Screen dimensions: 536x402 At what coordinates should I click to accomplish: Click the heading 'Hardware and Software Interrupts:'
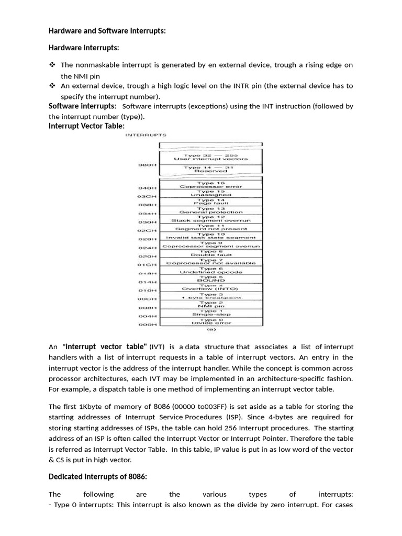coord(107,31)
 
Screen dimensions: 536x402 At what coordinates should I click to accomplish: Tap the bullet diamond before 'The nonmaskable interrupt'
coord(52,65)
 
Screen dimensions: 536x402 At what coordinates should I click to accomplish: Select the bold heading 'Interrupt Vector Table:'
coord(86,126)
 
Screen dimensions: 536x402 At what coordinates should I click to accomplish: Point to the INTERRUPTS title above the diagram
coord(142,136)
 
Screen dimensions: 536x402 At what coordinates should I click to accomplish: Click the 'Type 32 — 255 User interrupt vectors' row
coord(211,156)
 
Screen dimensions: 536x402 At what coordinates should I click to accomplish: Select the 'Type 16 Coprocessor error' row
coord(211,185)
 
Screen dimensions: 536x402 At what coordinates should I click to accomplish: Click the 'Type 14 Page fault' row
coord(211,202)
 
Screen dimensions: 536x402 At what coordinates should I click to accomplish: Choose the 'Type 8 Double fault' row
coord(211,253)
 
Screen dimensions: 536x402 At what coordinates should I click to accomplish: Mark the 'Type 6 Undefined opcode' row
coord(211,270)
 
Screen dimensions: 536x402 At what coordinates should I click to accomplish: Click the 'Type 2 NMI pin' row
coord(211,305)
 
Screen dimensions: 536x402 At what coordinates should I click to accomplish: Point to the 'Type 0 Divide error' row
coord(211,322)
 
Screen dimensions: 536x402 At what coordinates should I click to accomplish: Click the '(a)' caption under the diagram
coord(211,330)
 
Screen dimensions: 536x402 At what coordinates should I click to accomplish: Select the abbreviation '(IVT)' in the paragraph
coord(159,347)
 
